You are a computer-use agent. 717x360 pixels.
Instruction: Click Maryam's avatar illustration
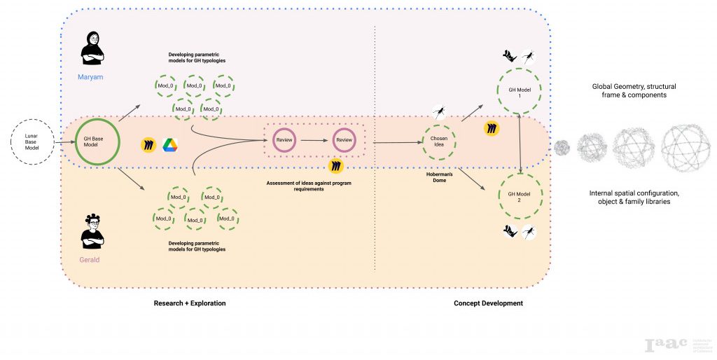[x=92, y=48]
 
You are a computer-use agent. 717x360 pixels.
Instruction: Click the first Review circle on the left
[x=284, y=140]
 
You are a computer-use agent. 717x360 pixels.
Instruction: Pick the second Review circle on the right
[x=344, y=140]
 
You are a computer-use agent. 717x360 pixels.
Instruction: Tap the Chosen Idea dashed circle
[x=439, y=142]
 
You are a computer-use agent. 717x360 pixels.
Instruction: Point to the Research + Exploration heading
[x=190, y=303]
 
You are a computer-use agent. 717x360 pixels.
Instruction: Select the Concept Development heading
[x=488, y=303]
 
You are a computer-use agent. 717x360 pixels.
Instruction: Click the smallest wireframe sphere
[x=562, y=147]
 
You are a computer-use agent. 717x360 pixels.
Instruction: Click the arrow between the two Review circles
[x=314, y=140]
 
